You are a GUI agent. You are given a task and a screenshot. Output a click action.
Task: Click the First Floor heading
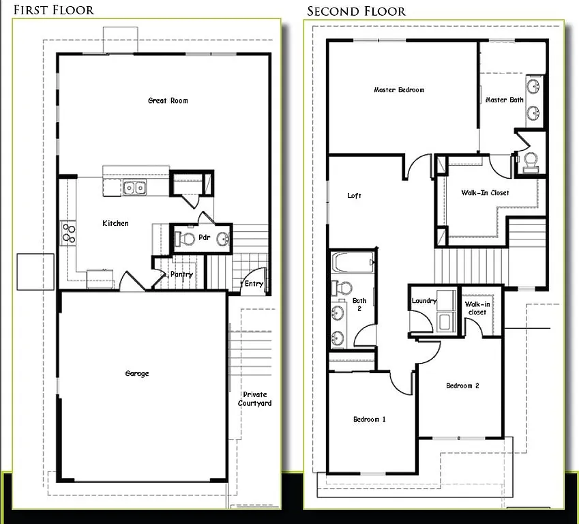point(53,10)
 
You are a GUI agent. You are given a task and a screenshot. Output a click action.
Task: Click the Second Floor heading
point(356,11)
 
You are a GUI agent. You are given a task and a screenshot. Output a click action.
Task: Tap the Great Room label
point(168,101)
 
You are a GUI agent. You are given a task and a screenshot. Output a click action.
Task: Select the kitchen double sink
point(134,188)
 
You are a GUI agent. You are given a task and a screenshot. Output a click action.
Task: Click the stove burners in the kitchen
point(68,233)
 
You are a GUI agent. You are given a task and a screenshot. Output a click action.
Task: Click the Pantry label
point(181,274)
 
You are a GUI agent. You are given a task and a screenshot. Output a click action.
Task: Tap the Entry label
point(254,284)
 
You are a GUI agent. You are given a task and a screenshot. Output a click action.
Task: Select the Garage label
point(137,374)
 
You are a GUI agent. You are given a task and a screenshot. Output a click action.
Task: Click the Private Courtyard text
point(254,399)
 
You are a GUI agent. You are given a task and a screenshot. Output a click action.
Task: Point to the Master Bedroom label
point(399,90)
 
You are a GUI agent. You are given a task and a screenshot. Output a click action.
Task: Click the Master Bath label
point(505,100)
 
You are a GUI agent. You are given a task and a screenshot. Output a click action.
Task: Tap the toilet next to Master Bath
point(530,161)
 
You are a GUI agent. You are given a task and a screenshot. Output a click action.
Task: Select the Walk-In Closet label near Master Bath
point(485,193)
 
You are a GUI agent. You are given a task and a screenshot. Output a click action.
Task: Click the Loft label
point(355,196)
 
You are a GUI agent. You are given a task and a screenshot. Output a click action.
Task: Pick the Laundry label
point(424,301)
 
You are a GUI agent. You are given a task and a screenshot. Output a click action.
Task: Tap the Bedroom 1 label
point(370,419)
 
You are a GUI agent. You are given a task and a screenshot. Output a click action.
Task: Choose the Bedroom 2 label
point(462,386)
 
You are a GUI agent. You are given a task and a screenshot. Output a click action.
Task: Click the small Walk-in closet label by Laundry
point(476,308)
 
